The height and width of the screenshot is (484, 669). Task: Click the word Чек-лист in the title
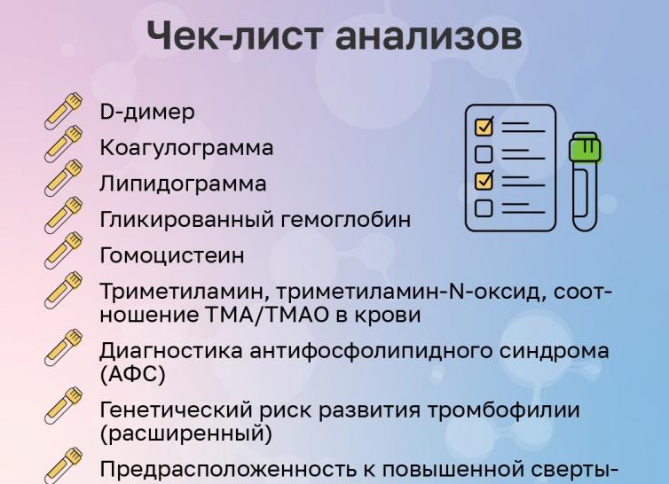tap(235, 37)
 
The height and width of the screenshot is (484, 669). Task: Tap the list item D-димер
tap(146, 113)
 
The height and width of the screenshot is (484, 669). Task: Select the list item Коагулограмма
tap(186, 148)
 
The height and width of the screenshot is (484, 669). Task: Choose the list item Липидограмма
tap(182, 183)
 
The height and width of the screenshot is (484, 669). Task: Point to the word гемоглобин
tap(350, 220)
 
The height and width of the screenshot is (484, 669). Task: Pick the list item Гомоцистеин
tap(171, 255)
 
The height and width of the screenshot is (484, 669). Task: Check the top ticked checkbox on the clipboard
tap(484, 127)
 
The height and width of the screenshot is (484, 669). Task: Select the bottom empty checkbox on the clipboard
tap(484, 208)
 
